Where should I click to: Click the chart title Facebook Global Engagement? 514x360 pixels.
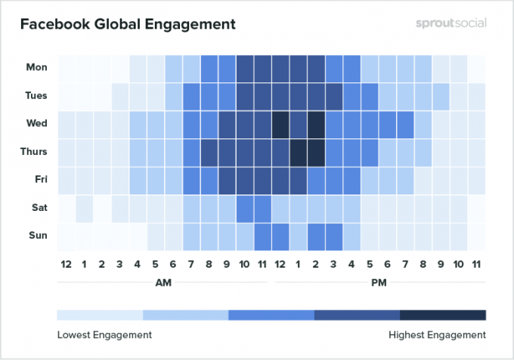128,24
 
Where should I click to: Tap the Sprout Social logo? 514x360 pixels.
451,23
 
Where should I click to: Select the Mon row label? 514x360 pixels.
36,67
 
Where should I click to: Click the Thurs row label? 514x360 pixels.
34,151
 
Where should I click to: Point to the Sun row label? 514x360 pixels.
38,235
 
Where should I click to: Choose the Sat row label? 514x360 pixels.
39,207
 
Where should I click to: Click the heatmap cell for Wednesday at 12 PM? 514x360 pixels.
280,123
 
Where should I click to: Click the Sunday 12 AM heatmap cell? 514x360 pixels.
66,235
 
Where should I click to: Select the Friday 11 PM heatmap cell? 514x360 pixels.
476,179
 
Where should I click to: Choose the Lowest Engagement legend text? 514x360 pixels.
104,334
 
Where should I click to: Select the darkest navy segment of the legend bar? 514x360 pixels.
443,315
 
